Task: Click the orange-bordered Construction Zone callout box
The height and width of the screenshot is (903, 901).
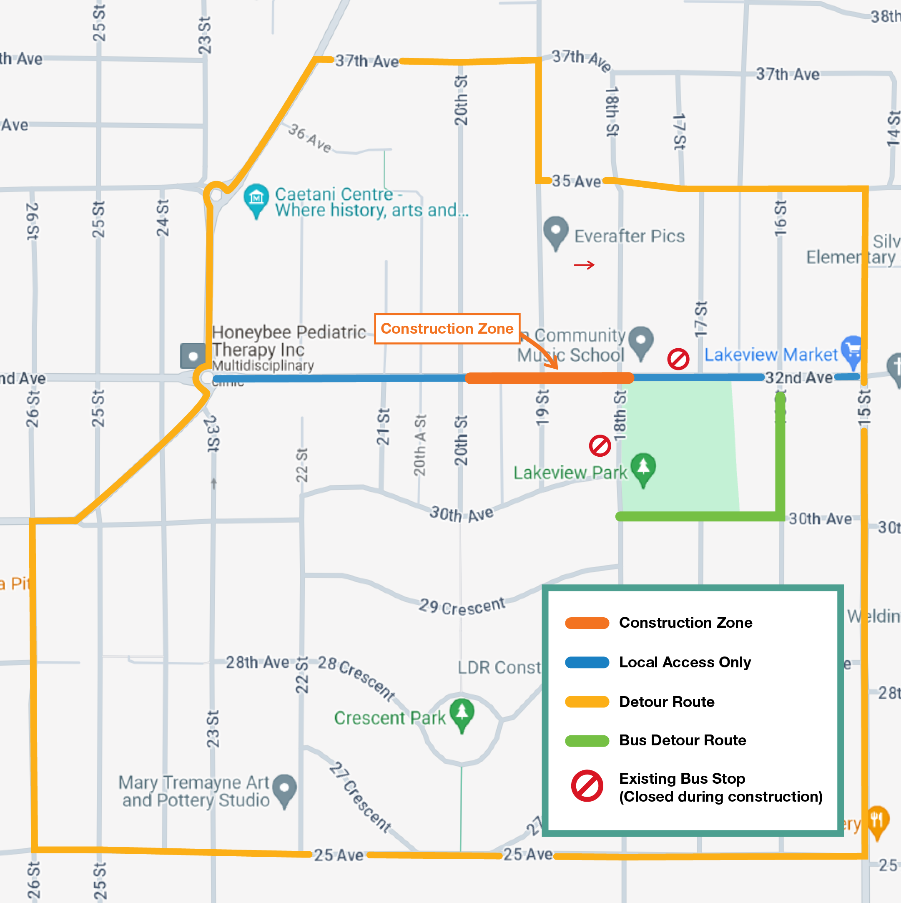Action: pyautogui.click(x=447, y=329)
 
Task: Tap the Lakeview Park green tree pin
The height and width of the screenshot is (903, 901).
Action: pyautogui.click(x=643, y=468)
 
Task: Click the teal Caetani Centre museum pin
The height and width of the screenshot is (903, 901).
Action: pyautogui.click(x=256, y=199)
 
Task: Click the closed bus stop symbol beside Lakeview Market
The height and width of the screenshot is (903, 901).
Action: pyautogui.click(x=678, y=359)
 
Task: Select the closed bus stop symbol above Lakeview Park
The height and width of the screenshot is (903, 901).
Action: pyautogui.click(x=600, y=446)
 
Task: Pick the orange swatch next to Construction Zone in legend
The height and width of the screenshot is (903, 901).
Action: pyautogui.click(x=587, y=623)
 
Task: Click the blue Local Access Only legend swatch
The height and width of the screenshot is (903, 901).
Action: pyautogui.click(x=587, y=662)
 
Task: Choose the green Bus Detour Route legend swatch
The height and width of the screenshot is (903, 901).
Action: pyautogui.click(x=587, y=741)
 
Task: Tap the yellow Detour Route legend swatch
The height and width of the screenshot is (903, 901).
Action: pyautogui.click(x=587, y=702)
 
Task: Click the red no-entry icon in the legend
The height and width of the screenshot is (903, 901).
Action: pyautogui.click(x=587, y=786)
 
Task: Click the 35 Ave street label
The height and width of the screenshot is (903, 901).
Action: pyautogui.click(x=576, y=181)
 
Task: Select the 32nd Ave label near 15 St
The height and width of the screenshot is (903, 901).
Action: pyautogui.click(x=799, y=377)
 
